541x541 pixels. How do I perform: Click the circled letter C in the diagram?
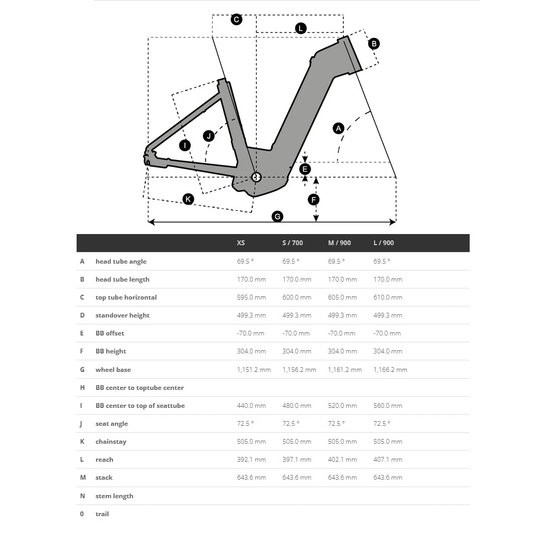pos(237,20)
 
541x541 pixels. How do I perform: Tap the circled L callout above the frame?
pos(301,29)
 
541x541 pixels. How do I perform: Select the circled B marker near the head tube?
pos(374,44)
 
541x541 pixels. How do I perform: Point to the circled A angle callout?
pos(339,128)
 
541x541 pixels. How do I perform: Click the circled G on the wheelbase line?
pos(277,216)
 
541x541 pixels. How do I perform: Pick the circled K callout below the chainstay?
pos(188,199)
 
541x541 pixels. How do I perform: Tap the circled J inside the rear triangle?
pos(209,136)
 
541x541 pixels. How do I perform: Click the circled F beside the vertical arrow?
pos(314,200)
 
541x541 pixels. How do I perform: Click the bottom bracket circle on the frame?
pos(256,177)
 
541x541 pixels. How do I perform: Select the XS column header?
pos(241,243)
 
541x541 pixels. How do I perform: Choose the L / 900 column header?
pos(384,243)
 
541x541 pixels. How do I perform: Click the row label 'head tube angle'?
pos(121,262)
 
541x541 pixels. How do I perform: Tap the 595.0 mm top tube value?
pos(251,297)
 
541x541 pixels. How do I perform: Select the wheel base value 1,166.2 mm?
pos(390,370)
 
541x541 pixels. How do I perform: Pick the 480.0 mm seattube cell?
pos(297,406)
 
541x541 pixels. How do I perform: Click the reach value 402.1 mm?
pos(342,460)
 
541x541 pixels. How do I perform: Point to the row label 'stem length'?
pos(114,496)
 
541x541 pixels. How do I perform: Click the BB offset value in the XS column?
pos(250,333)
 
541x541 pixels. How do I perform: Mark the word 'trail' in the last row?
pos(102,514)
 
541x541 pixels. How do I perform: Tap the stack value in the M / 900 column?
pos(342,478)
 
